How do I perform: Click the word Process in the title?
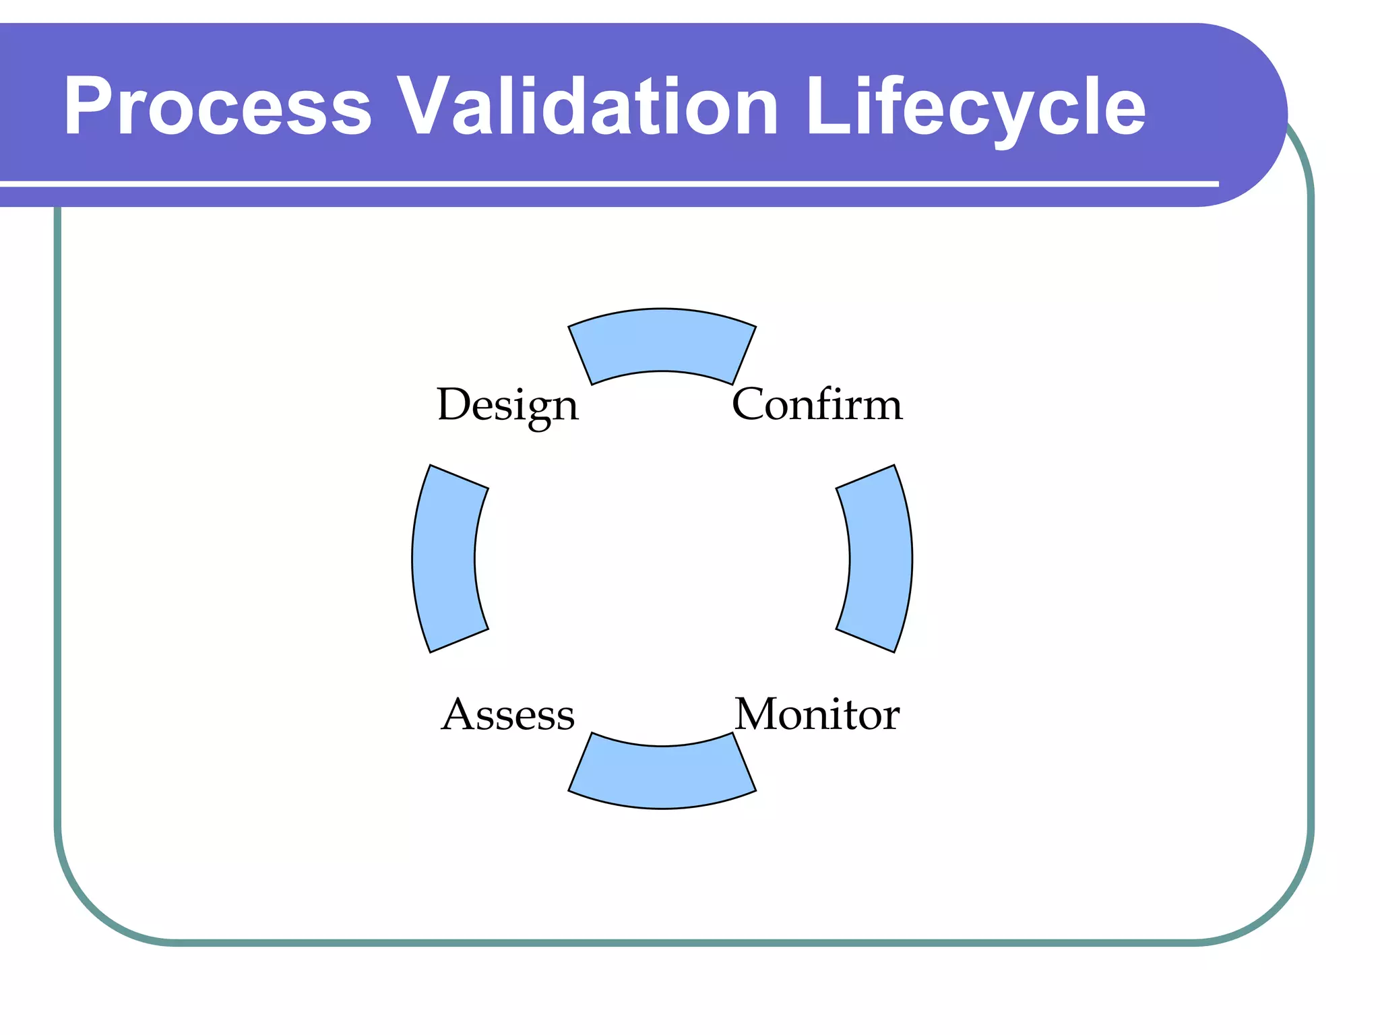[217, 106]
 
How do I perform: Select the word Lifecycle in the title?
[975, 106]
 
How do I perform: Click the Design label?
[507, 405]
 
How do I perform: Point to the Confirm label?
[817, 405]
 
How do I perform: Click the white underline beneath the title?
[606, 183]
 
